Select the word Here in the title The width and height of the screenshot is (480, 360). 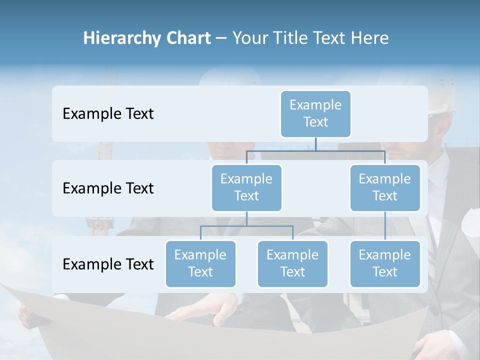tap(370, 38)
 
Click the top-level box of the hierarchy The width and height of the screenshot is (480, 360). tap(315, 113)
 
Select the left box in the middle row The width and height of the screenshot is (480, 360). tap(246, 187)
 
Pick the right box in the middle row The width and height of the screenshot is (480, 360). tap(385, 187)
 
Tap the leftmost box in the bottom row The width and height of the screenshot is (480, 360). tap(200, 263)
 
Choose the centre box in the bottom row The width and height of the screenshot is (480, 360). tap(292, 263)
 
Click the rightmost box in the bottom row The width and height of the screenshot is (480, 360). tap(385, 263)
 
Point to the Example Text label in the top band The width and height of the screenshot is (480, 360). tap(108, 114)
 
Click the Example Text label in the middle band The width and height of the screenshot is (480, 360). tap(108, 188)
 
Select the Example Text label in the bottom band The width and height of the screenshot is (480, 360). tap(108, 264)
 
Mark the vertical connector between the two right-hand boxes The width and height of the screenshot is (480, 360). tap(385, 226)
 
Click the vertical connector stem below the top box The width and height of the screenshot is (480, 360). tap(315, 144)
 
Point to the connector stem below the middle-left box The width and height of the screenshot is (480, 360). tap(246, 219)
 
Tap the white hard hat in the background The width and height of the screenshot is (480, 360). tap(442, 95)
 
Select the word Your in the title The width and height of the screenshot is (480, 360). tap(250, 38)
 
